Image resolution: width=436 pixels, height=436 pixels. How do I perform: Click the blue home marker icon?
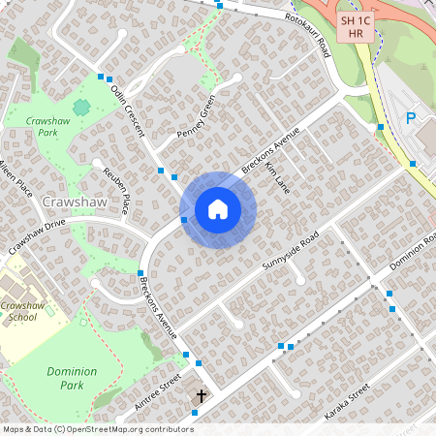218,209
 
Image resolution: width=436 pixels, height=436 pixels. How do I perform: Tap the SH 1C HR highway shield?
356,26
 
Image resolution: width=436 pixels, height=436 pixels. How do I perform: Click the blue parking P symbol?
410,118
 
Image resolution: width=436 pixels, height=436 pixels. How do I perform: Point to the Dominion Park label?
72,378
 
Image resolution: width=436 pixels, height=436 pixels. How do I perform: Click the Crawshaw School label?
23,311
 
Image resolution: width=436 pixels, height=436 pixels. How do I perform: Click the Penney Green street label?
195,117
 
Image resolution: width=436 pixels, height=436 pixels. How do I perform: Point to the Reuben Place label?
116,190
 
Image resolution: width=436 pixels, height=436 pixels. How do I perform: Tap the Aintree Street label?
158,395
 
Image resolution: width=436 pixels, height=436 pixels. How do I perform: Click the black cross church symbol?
202,395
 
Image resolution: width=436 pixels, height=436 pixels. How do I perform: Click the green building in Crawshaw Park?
81,106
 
